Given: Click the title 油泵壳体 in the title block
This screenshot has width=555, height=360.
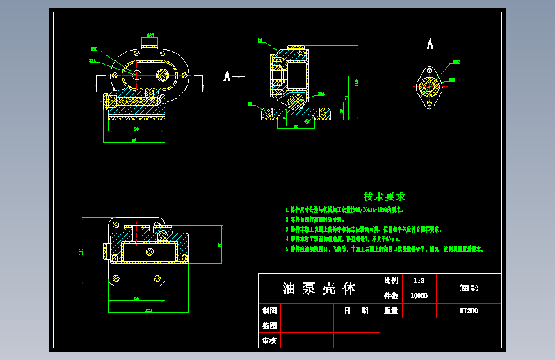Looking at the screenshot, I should point(319,289).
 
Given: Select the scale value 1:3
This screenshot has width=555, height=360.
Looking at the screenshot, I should point(419,281).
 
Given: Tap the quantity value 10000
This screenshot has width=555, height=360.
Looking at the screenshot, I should point(419,296).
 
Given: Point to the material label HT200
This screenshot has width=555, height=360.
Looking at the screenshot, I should point(468,311).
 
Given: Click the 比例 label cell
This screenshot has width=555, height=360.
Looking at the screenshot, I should point(390,281).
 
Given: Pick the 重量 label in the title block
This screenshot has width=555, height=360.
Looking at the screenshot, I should point(390,311).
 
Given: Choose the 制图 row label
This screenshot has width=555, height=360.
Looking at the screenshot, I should point(269,311).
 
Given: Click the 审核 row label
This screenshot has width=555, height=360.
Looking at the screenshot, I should point(269,341).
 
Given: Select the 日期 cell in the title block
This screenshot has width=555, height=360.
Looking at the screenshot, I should point(356,311).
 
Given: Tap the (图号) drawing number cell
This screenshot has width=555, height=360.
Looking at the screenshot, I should point(468,288).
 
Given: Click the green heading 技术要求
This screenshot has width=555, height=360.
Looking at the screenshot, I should point(384,197).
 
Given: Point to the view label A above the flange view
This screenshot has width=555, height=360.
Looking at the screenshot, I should point(430,44).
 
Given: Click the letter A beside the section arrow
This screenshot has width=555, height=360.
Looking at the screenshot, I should point(227,76).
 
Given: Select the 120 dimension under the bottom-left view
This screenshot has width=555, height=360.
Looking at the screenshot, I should point(149,310).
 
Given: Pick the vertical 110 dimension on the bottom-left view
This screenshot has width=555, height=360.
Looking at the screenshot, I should point(81,251).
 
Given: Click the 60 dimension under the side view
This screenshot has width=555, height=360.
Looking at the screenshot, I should point(296,126).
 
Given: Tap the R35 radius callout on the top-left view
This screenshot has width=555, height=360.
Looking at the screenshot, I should point(93,49).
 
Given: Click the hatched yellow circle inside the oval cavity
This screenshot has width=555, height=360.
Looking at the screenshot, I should point(162,75).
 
